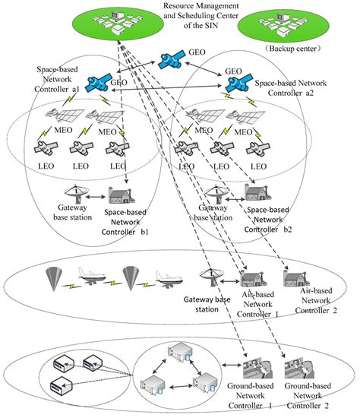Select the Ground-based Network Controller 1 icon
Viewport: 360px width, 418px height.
[253, 370]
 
